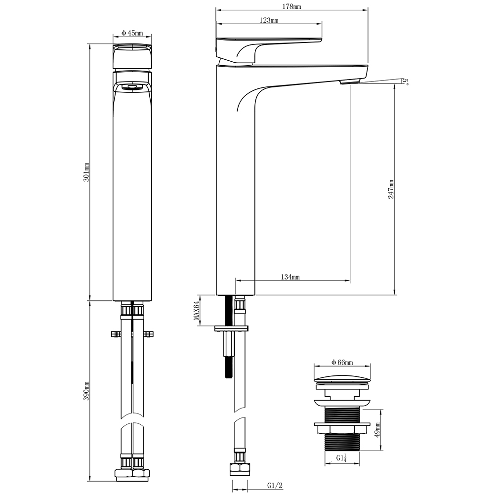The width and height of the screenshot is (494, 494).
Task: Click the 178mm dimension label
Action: click(292, 6)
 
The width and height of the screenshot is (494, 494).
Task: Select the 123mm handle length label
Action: click(269, 20)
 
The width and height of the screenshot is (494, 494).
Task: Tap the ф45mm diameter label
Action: click(132, 33)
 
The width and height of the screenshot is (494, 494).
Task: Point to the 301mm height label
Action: click(86, 172)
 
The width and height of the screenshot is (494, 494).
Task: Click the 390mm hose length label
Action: click(86, 391)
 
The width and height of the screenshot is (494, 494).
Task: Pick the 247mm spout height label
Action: click(391, 189)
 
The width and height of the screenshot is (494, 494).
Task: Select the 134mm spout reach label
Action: click(290, 277)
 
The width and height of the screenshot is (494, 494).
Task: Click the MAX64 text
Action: click(197, 311)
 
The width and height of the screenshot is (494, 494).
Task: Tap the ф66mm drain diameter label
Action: click(342, 362)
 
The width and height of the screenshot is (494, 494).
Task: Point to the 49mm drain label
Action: click(378, 430)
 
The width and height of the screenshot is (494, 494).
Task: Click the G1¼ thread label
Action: click(341, 458)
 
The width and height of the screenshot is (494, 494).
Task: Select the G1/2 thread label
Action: click(275, 486)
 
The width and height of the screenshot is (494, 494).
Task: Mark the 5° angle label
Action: click(406, 82)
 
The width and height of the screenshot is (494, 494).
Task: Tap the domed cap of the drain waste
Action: click(342, 379)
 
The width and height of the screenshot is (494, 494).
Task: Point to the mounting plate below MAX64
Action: click(231, 329)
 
